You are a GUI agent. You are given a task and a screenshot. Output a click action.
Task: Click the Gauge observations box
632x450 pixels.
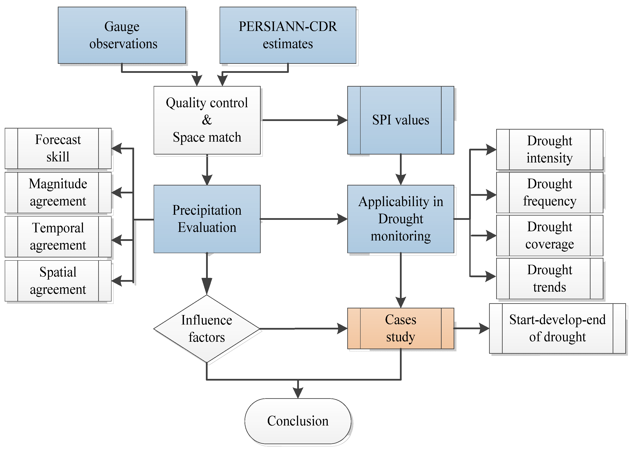coord(122,35)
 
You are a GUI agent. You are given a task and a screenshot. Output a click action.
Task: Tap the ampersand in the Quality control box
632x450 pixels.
coord(207,120)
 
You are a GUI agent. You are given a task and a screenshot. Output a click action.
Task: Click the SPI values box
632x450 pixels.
coord(400,120)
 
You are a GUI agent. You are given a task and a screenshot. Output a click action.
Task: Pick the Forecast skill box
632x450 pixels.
coord(58,148)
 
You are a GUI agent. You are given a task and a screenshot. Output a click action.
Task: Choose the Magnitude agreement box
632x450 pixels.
coord(58,192)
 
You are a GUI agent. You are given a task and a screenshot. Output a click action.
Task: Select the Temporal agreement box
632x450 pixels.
coord(58,236)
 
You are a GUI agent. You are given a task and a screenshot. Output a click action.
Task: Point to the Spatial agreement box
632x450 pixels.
coord(58,280)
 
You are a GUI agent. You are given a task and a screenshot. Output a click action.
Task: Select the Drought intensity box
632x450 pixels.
coord(549,149)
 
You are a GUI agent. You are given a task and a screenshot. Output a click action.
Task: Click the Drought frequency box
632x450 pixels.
coord(549,192)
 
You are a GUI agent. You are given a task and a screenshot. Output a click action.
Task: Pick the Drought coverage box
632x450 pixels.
coord(549,235)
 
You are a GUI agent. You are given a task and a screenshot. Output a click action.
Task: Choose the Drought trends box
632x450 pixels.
coord(549,278)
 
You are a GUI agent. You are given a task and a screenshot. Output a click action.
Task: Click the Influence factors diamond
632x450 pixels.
coord(207,329)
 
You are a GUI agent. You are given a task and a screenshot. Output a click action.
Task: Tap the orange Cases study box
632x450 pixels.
coord(400,328)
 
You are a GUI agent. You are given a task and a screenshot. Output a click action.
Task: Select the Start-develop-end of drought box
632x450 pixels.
coord(557,328)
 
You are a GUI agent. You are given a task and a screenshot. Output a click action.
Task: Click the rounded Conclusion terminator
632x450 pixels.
coord(298,421)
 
